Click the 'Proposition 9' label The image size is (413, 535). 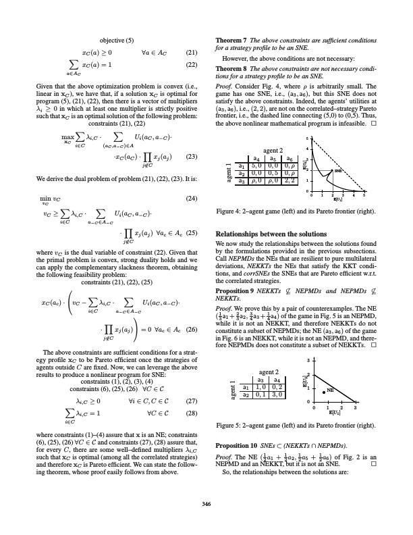tap(233, 298)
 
